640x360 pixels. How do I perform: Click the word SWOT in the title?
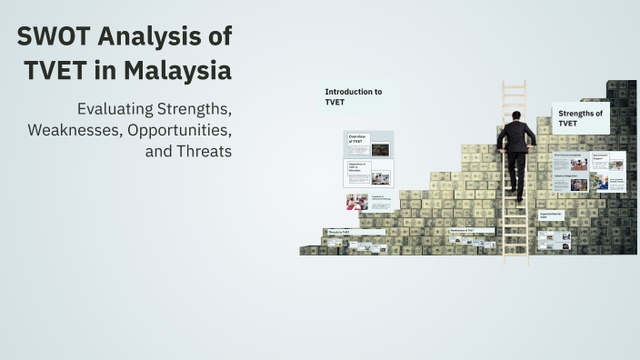tap(57, 36)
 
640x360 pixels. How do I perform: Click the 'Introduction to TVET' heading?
tap(354, 97)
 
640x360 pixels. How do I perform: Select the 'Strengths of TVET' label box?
tap(580, 117)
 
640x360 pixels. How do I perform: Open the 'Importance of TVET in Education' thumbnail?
tap(368, 173)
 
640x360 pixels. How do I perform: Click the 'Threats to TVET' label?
tap(339, 233)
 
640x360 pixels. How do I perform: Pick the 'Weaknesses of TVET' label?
tap(471, 231)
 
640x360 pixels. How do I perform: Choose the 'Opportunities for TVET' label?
tap(553, 215)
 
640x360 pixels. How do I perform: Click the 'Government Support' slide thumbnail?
tap(607, 161)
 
